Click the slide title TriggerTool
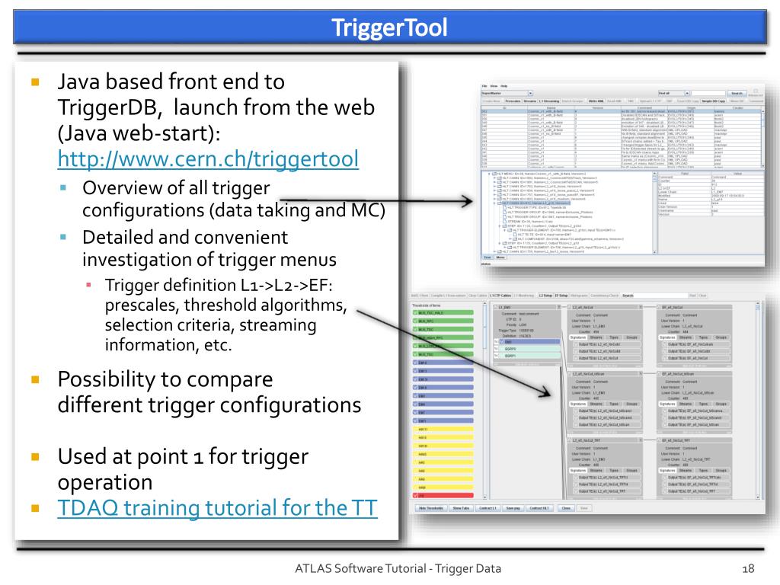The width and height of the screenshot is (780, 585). pyautogui.click(x=389, y=28)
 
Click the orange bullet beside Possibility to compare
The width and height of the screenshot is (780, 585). pyautogui.click(x=34, y=379)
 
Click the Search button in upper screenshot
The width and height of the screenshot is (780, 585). pyautogui.click(x=737, y=94)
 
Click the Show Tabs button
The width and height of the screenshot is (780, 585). pyautogui.click(x=461, y=507)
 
